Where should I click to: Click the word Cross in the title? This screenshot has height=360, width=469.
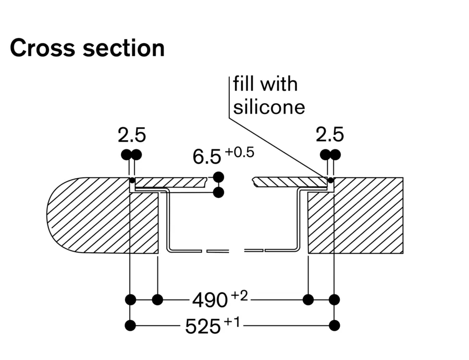point(40,48)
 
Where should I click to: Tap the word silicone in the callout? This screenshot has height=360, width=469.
point(269,107)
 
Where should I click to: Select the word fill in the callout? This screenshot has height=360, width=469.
point(243,84)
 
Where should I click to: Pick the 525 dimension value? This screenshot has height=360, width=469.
point(203,327)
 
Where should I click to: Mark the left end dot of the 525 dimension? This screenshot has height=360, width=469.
point(130,326)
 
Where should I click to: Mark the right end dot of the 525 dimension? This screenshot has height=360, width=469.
point(335,326)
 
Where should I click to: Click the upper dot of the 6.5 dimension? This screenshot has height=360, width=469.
point(219,176)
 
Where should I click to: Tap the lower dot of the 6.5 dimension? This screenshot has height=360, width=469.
point(219,193)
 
